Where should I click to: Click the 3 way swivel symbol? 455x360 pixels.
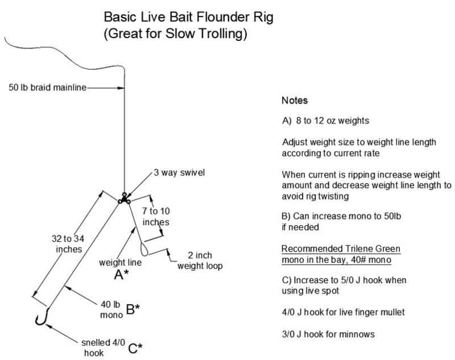[124, 200]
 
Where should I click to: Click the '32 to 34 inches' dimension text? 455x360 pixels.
[64, 243]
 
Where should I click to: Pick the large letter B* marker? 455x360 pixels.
[133, 309]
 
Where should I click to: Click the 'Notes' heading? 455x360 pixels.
[295, 101]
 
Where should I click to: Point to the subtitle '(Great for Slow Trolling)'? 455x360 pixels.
[175, 34]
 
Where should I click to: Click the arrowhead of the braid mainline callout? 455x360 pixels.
[121, 88]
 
